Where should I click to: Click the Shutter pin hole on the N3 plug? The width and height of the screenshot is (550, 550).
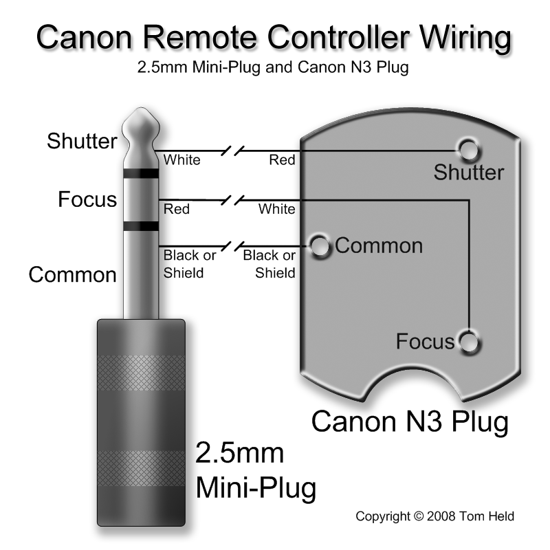pyautogui.click(x=469, y=151)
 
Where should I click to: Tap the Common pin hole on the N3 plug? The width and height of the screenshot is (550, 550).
pyautogui.click(x=320, y=247)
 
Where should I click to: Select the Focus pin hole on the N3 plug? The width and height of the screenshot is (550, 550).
pyautogui.click(x=470, y=342)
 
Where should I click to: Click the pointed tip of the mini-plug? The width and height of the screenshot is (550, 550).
pyautogui.click(x=141, y=109)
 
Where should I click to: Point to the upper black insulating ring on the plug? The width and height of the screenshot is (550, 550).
pyautogui.click(x=141, y=173)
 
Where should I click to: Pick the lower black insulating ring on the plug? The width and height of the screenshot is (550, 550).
pyautogui.click(x=141, y=226)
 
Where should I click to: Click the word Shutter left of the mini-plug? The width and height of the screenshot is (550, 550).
pyautogui.click(x=82, y=141)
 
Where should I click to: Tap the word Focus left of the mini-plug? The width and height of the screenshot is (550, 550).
pyautogui.click(x=87, y=199)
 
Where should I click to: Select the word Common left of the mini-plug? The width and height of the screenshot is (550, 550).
pyautogui.click(x=73, y=274)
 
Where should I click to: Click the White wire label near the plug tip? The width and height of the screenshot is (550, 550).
pyautogui.click(x=181, y=160)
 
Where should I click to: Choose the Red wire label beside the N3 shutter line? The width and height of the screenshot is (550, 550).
pyautogui.click(x=282, y=160)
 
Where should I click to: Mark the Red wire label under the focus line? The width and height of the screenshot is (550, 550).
pyautogui.click(x=177, y=209)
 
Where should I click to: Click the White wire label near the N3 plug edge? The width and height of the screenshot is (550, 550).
pyautogui.click(x=277, y=209)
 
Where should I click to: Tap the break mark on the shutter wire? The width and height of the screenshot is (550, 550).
pyautogui.click(x=232, y=151)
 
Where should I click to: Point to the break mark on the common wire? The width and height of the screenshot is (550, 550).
pyautogui.click(x=232, y=246)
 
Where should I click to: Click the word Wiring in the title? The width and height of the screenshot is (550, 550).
pyautogui.click(x=465, y=38)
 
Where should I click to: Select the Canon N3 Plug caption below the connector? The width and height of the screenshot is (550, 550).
pyautogui.click(x=410, y=421)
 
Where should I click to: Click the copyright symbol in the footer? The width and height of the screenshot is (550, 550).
pyautogui.click(x=419, y=516)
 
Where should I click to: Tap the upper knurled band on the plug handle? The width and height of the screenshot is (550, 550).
pyautogui.click(x=141, y=373)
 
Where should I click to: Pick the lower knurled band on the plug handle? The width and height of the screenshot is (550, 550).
pyautogui.click(x=141, y=468)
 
